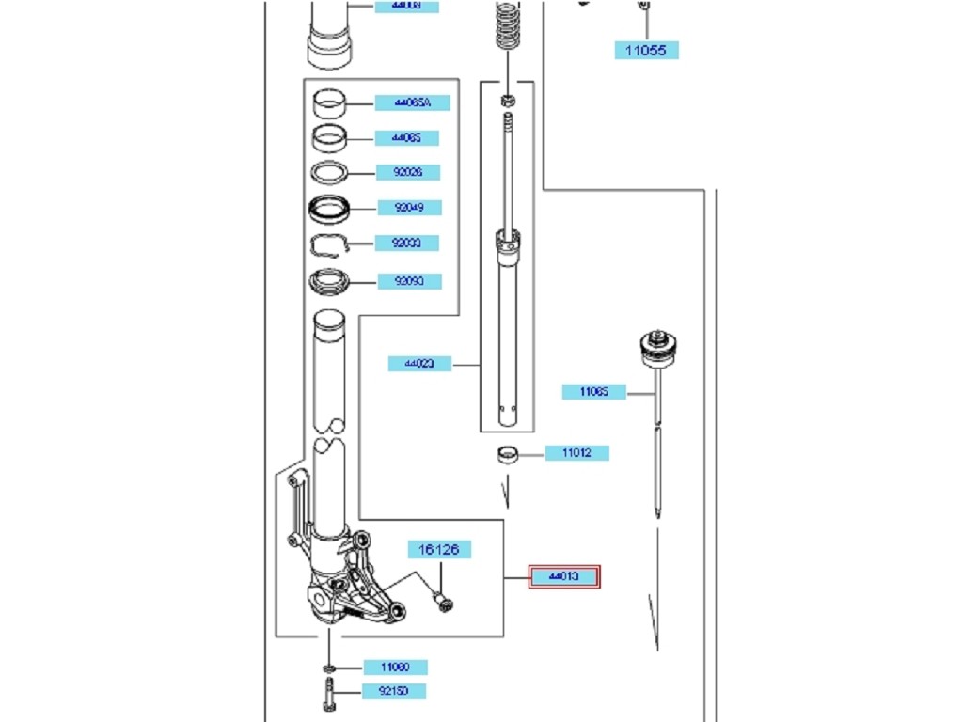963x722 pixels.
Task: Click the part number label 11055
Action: coord(647,50)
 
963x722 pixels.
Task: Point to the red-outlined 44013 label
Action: coord(564,576)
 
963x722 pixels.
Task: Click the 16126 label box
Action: coord(438,549)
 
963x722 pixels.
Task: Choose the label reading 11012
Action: coord(576,453)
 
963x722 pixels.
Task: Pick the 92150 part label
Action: coord(394,692)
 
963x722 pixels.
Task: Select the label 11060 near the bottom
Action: coord(395,667)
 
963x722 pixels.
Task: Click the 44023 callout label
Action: coord(419,364)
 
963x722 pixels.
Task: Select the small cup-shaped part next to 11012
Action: coord(509,455)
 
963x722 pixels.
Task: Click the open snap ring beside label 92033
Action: coord(330,244)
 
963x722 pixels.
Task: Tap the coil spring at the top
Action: coord(508,24)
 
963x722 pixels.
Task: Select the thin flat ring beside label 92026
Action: coord(330,172)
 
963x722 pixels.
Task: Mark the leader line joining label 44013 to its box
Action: coord(515,576)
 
